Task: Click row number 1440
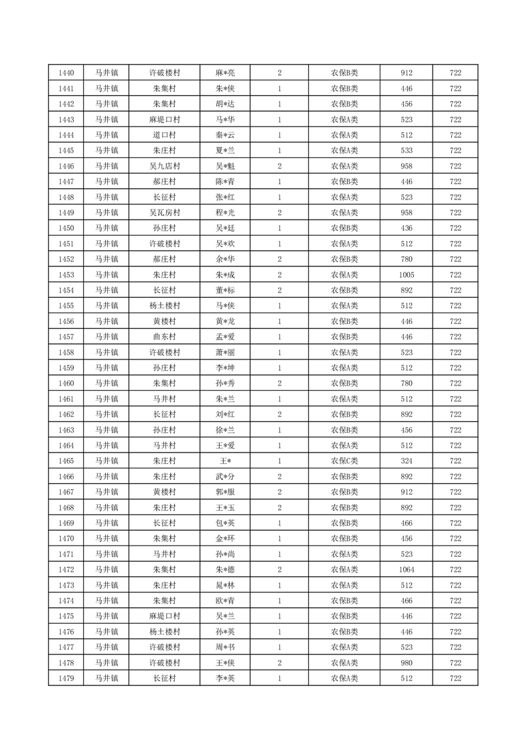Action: (66, 73)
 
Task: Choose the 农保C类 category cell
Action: (344, 461)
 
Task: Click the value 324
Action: (406, 461)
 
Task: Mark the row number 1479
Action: (66, 678)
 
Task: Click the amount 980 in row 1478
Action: (406, 663)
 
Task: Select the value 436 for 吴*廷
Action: (406, 228)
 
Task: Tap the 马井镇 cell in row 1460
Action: (106, 384)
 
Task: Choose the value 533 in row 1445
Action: (406, 151)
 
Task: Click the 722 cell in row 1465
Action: (455, 461)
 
